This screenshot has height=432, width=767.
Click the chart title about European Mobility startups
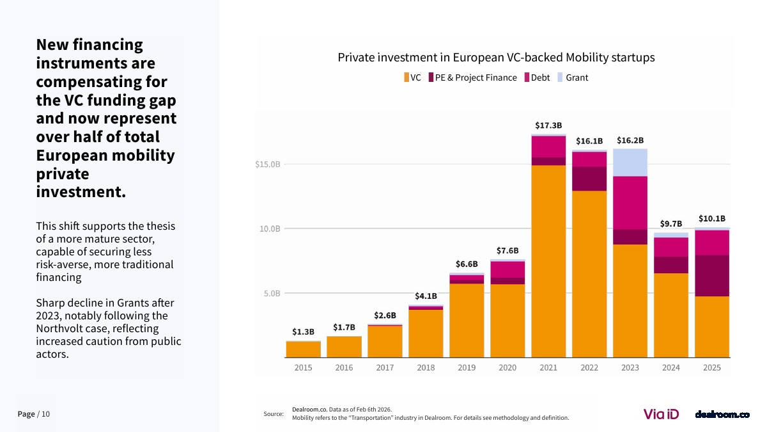496,58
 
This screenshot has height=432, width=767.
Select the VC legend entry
412,77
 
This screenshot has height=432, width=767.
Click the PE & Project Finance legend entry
472,77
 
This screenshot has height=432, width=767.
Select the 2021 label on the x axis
548,368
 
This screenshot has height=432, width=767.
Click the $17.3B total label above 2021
548,125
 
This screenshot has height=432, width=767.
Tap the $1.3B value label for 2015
303,332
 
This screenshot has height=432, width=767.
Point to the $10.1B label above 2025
711,218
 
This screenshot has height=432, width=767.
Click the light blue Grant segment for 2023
630,162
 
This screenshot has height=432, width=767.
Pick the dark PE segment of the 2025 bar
712,275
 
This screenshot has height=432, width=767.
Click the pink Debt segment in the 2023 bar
630,202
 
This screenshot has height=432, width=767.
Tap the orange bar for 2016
344,347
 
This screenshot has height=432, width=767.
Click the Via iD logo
661,414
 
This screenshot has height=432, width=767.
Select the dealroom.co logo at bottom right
722,414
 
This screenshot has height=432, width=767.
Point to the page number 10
45,414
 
